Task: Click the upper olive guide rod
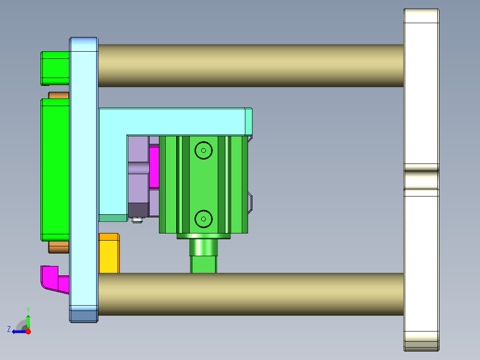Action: (249, 65)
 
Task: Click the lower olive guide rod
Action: (249, 294)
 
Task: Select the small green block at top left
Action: (55, 68)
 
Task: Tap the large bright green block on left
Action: (55, 169)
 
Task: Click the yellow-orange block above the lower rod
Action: (109, 253)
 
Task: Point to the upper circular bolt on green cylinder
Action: (203, 151)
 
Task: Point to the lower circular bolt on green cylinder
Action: (203, 219)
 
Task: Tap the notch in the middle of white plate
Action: (421, 180)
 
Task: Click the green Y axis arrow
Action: (28, 320)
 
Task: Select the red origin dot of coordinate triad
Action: (28, 331)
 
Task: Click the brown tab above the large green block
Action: (58, 95)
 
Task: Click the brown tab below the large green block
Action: (58, 247)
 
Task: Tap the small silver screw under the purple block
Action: (137, 220)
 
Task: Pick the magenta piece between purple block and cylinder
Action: (154, 167)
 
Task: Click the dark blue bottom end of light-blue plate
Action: (84, 316)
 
